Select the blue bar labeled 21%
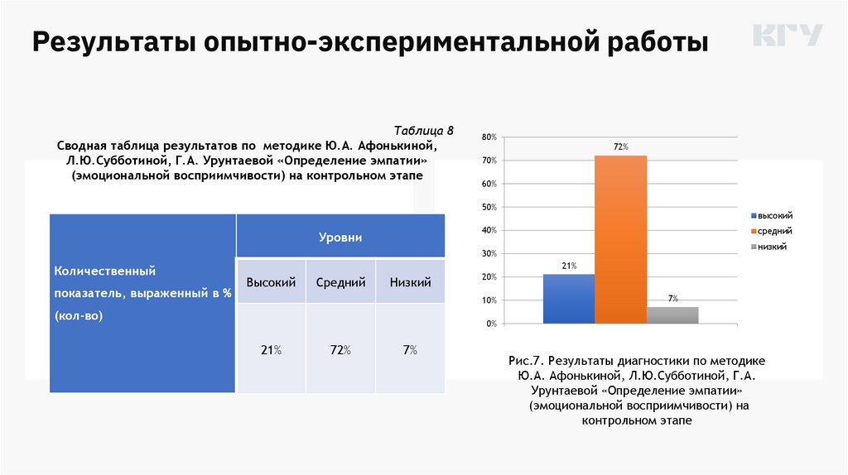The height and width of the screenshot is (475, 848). tap(568, 298)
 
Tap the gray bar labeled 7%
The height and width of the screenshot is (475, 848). tap(672, 314)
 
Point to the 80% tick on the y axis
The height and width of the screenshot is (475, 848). tap(488, 136)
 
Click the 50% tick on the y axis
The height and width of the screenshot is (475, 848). tap(488, 206)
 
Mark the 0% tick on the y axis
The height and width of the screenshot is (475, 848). tap(490, 324)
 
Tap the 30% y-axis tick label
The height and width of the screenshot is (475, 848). tap(488, 253)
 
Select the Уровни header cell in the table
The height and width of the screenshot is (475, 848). tap(340, 237)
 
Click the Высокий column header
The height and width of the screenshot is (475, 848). tap(271, 282)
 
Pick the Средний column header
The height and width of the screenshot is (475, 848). tap(340, 282)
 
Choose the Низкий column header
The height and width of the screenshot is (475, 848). tap(410, 282)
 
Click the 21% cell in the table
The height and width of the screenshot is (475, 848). tap(271, 350)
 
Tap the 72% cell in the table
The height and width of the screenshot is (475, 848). tap(340, 350)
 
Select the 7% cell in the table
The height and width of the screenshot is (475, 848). tap(410, 350)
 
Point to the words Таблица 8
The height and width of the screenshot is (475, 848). tap(424, 131)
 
